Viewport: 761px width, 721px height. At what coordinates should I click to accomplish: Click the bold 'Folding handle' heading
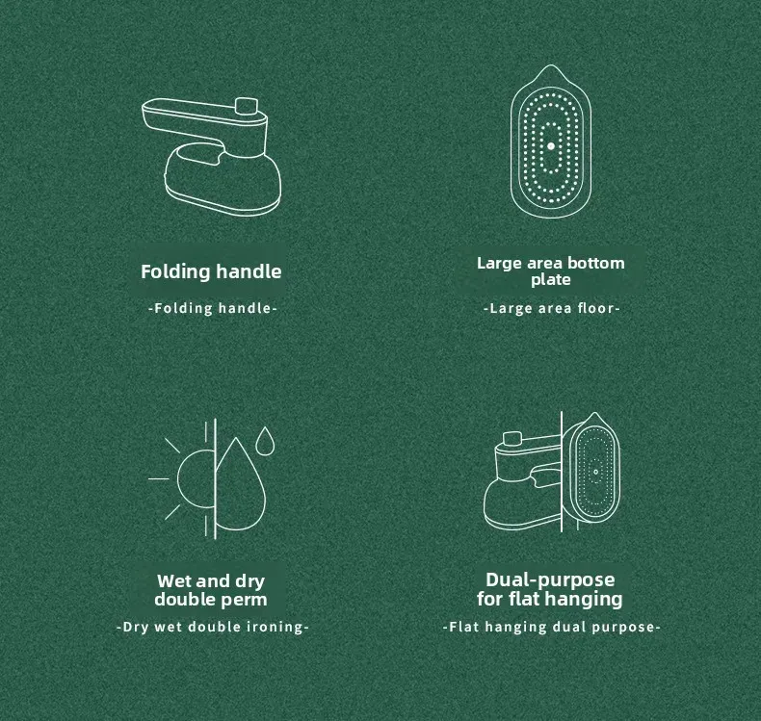point(211,271)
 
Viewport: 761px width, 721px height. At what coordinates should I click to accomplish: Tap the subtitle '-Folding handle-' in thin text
point(213,308)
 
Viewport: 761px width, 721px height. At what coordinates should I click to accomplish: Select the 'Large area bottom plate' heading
point(550,271)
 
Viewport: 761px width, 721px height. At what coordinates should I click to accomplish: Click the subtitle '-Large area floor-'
point(551,308)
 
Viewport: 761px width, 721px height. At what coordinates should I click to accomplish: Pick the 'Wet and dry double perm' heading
point(211,590)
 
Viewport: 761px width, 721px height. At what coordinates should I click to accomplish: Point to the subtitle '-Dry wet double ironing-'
point(213,627)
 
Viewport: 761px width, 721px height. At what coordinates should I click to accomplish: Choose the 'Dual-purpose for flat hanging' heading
point(549,589)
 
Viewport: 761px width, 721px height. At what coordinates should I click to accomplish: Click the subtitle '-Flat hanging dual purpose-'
point(551,627)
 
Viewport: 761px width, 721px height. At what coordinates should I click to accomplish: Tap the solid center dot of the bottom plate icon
point(551,146)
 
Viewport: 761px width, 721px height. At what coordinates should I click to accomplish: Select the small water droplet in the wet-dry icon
point(265,441)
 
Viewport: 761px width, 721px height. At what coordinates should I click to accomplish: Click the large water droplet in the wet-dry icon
point(241,485)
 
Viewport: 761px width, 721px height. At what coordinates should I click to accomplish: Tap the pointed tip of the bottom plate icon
point(551,64)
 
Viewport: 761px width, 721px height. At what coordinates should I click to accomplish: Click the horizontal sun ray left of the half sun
point(158,478)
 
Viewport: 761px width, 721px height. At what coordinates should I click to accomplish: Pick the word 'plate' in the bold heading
point(550,280)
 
